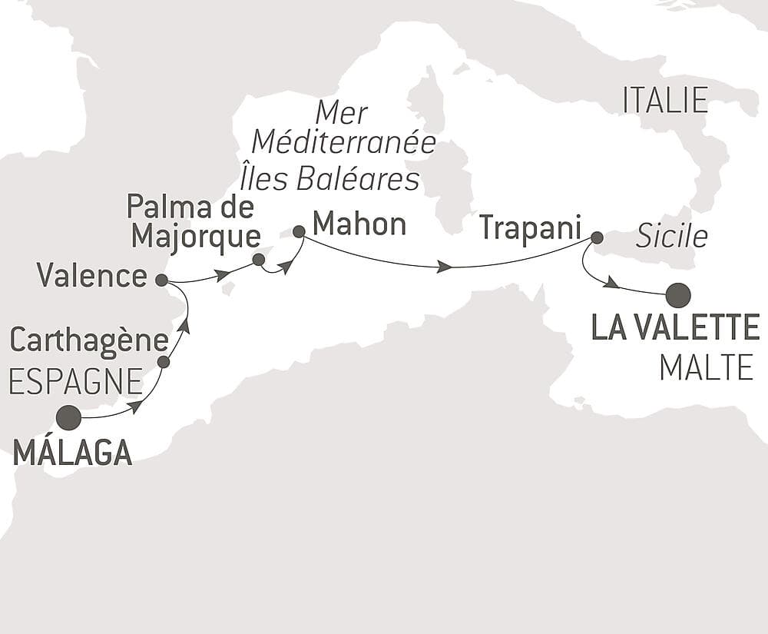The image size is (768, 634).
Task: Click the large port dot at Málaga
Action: [68, 417]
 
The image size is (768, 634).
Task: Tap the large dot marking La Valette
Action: [678, 294]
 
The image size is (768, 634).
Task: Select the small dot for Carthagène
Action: [163, 361]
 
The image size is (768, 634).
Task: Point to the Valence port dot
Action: [161, 280]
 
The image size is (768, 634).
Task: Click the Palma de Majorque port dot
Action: [259, 260]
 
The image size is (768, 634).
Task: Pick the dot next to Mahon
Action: [299, 231]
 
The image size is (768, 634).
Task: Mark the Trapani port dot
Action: [597, 237]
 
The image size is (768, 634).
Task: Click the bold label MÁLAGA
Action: [73, 453]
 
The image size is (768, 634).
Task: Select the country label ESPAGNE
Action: [76, 381]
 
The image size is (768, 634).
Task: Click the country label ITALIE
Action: [665, 101]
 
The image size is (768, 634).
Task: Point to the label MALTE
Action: [706, 368]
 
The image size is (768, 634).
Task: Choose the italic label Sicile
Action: [672, 237]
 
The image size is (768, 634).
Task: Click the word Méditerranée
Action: [344, 144]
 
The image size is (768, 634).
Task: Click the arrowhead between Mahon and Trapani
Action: [444, 267]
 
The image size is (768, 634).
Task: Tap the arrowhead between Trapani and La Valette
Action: [611, 284]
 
